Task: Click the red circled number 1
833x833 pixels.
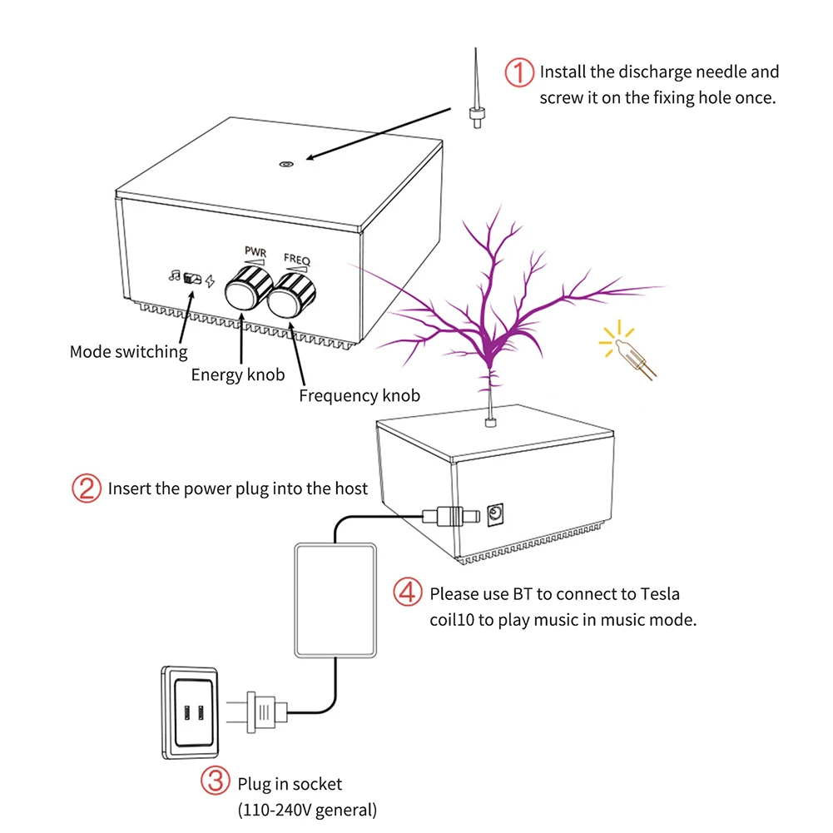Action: (x=519, y=73)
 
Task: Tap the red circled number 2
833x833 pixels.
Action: (x=87, y=488)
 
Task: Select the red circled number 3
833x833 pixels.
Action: (x=215, y=782)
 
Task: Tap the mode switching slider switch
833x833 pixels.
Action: (x=192, y=279)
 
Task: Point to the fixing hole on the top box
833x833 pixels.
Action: (x=285, y=164)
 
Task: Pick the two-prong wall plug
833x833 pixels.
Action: (x=261, y=712)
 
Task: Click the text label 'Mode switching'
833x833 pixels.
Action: (x=129, y=352)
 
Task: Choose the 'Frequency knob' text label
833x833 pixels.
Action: (x=359, y=396)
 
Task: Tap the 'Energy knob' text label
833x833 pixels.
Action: (x=238, y=374)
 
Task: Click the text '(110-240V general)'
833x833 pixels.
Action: (x=307, y=808)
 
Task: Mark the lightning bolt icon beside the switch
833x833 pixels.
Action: (x=210, y=280)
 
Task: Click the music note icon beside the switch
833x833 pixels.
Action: (x=175, y=276)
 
